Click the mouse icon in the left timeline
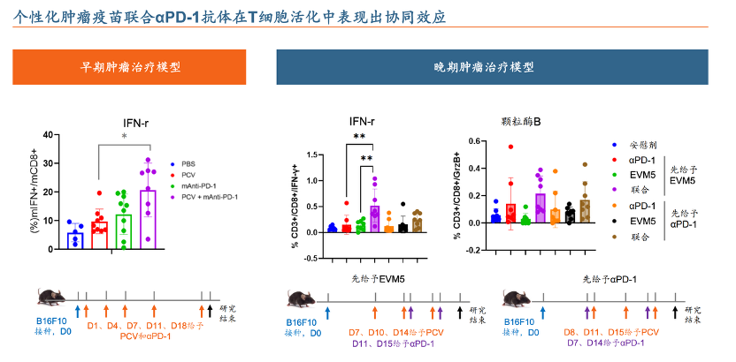[52, 301]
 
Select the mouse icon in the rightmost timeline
[518, 300]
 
